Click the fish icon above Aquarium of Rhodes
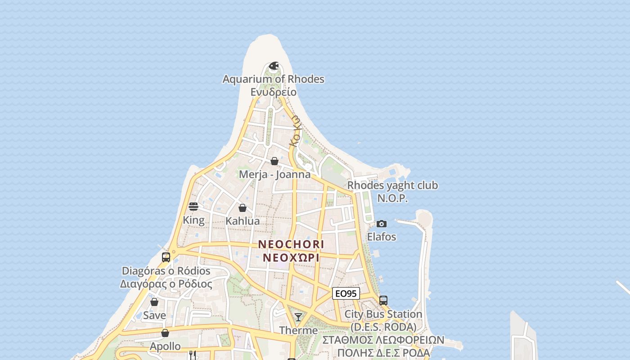pos(274,66)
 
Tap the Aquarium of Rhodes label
pos(274,79)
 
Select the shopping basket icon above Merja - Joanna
pos(274,161)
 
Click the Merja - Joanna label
pos(274,175)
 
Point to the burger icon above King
pos(193,207)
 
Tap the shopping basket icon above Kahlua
pos(243,208)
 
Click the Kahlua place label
pos(243,221)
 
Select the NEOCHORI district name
pos(291,244)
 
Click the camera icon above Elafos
pos(382,224)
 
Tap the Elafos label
pos(382,237)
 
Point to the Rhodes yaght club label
pos(392,185)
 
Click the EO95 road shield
pos(346,293)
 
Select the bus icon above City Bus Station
pos(383,300)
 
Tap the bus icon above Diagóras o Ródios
pos(166,257)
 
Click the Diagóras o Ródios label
pos(166,271)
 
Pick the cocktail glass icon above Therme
pos(298,317)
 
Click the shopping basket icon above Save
pos(154,302)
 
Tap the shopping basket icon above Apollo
pos(165,333)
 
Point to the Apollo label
pos(165,346)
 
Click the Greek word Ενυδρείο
pos(274,92)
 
